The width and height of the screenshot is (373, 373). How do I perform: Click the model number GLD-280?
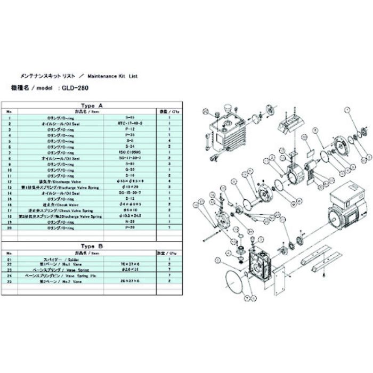(x=70, y=90)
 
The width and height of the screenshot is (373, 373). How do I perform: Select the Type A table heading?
(x=88, y=105)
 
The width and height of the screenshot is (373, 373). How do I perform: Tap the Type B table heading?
(x=88, y=246)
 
